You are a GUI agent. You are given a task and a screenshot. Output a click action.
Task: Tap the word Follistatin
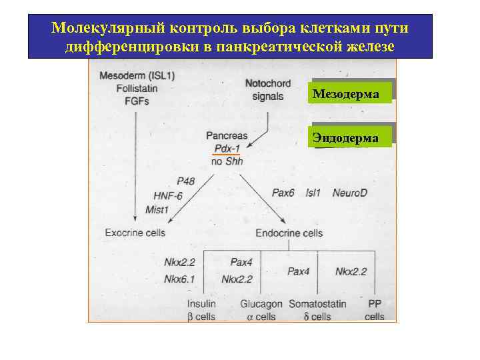(137, 89)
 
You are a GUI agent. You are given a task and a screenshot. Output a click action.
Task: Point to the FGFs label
(137, 101)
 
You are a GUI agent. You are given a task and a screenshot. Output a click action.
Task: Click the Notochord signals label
(268, 90)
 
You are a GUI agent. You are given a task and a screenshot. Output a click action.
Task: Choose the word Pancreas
(227, 135)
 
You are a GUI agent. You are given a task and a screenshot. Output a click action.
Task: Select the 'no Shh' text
(227, 161)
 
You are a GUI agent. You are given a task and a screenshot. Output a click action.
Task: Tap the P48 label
(186, 181)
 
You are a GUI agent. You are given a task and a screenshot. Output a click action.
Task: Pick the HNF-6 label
(167, 195)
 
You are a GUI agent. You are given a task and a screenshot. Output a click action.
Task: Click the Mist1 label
(157, 209)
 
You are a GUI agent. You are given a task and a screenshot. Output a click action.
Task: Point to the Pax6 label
(283, 193)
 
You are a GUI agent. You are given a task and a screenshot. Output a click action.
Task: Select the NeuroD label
(350, 193)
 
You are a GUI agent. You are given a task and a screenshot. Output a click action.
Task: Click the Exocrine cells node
(135, 233)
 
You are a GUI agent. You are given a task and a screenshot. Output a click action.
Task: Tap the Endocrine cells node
(289, 233)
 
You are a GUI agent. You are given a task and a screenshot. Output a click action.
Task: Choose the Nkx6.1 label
(179, 279)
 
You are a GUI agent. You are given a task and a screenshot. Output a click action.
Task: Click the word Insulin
(202, 304)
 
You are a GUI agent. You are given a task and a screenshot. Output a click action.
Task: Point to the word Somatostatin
(317, 304)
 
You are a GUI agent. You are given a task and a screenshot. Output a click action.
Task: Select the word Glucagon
(261, 304)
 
